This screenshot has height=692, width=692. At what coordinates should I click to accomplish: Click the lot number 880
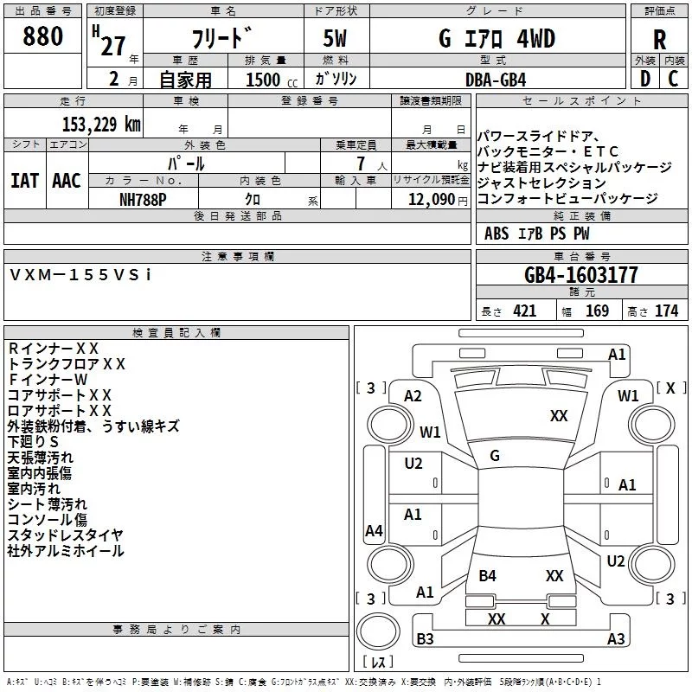pyautogui.click(x=43, y=37)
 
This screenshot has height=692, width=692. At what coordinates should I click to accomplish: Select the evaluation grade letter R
pyautogui.click(x=659, y=40)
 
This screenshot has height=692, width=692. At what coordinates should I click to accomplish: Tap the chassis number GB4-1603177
pyautogui.click(x=581, y=275)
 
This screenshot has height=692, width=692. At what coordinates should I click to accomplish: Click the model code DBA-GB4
pyautogui.click(x=495, y=79)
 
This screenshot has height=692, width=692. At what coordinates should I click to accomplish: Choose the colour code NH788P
pyautogui.click(x=144, y=199)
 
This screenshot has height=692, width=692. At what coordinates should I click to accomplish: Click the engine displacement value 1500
pyautogui.click(x=263, y=80)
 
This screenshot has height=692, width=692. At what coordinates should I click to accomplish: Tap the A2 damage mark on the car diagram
pyautogui.click(x=413, y=395)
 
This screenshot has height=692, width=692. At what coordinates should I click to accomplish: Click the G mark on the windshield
pyautogui.click(x=495, y=456)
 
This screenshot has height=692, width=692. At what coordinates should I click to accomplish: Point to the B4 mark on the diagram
pyautogui.click(x=488, y=575)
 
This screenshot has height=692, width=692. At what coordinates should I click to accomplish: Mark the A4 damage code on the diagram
pyautogui.click(x=374, y=531)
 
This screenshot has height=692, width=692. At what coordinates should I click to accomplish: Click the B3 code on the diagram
pyautogui.click(x=425, y=639)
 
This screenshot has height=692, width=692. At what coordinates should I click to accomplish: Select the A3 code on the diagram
pyautogui.click(x=616, y=639)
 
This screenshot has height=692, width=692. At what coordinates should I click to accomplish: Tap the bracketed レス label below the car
pyautogui.click(x=378, y=663)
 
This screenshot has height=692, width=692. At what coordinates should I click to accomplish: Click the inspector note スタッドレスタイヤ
pyautogui.click(x=66, y=535)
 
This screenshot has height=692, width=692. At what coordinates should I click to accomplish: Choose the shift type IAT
pyautogui.click(x=25, y=181)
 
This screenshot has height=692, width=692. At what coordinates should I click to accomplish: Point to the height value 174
pyautogui.click(x=666, y=311)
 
